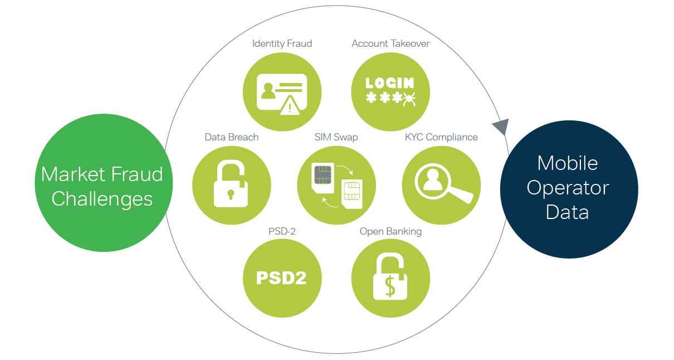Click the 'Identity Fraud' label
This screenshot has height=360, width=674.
point(282,43)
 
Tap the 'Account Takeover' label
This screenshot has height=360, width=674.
point(390,43)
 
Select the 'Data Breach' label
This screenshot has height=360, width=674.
point(231,137)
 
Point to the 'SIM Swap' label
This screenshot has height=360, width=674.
point(336,137)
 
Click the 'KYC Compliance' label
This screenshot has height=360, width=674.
point(441,137)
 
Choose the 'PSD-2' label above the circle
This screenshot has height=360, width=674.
point(282,231)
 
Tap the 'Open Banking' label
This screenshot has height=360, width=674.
point(390,231)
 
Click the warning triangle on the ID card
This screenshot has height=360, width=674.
point(290,105)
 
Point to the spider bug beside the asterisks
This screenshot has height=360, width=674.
point(409,99)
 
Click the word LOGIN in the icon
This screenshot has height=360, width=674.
point(390,83)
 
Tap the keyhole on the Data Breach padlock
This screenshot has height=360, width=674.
point(231,194)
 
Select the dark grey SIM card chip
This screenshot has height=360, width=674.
point(323,174)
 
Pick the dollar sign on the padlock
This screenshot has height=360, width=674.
point(390,286)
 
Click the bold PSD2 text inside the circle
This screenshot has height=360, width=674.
point(282,278)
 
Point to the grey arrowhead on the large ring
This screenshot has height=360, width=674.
point(501,127)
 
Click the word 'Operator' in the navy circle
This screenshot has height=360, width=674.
point(568,188)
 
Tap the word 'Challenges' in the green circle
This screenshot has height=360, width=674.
point(102,199)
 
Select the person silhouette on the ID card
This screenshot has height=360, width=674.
point(268,91)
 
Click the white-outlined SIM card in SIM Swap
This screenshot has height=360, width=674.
point(351,194)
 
